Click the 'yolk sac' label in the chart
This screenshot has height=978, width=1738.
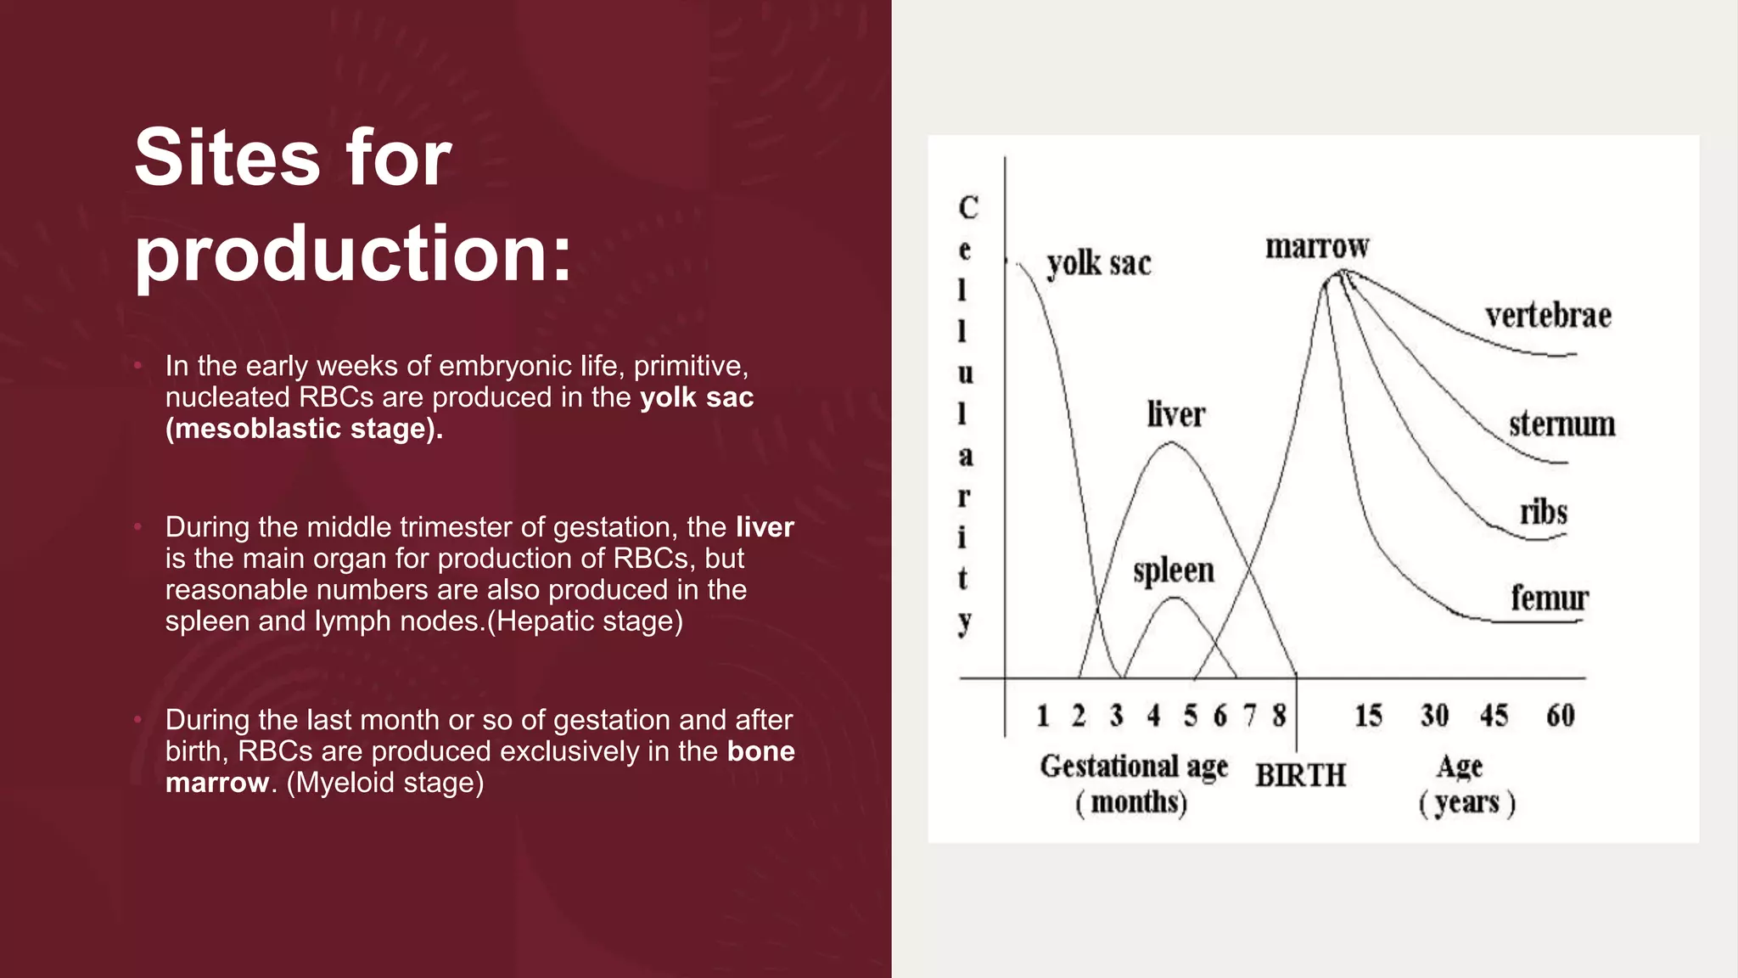click(1099, 264)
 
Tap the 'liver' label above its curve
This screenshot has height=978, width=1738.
click(1175, 415)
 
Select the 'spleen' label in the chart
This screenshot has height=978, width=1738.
click(1174, 570)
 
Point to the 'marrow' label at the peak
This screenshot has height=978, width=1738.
click(1317, 247)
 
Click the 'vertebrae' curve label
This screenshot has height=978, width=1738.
click(1548, 316)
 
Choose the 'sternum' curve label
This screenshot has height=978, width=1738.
click(1561, 424)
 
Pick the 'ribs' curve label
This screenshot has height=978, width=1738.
click(1544, 512)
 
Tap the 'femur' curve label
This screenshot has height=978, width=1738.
click(1549, 598)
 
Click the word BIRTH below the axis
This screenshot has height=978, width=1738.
click(1300, 775)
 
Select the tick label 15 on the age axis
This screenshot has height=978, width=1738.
click(1368, 716)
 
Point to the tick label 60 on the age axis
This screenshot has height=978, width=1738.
click(1560, 716)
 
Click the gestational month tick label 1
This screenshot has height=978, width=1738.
click(1043, 716)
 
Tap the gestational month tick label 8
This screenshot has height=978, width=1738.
click(1279, 716)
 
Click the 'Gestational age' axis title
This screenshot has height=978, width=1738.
click(1134, 766)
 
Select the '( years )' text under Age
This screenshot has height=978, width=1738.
click(1466, 802)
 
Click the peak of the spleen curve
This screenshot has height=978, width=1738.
click(1174, 598)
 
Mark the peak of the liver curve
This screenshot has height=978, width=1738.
click(1170, 442)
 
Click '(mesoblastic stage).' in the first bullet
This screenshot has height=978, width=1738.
click(304, 429)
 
